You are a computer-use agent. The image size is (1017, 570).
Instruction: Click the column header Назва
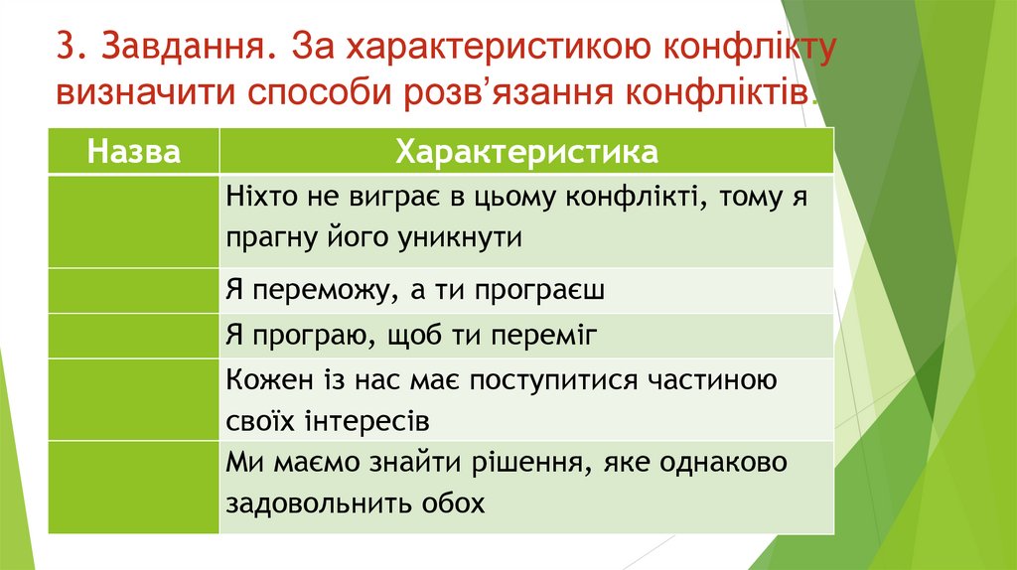click(x=134, y=152)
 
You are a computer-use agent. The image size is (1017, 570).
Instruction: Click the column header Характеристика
click(x=526, y=152)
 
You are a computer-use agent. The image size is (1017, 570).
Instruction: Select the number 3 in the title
click(x=66, y=49)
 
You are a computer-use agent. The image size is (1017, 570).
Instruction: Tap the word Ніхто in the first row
click(x=256, y=197)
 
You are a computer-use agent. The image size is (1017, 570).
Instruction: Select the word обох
click(x=455, y=503)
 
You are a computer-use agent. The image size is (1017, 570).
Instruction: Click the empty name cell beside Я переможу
click(x=134, y=290)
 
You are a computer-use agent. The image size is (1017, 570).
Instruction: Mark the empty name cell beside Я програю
click(x=134, y=336)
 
